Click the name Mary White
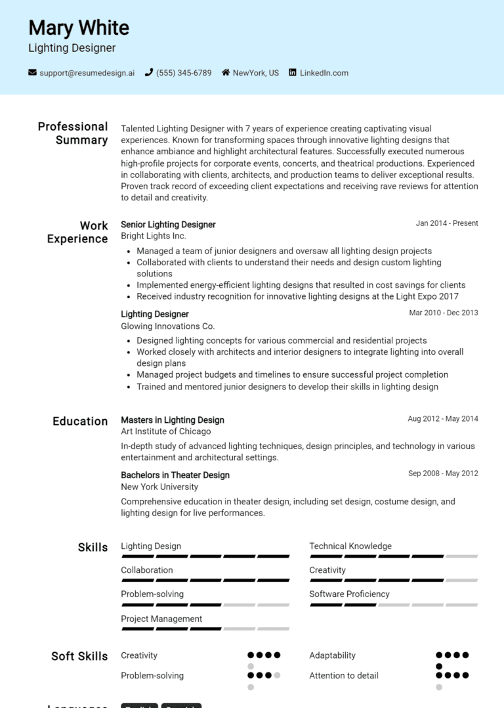[79, 28]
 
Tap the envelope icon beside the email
[32, 73]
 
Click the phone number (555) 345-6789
[184, 73]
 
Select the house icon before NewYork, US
[226, 73]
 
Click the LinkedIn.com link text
[324, 73]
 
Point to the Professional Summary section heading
[73, 133]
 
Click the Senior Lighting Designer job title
[168, 225]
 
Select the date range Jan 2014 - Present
[447, 223]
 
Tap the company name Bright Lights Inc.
[154, 236]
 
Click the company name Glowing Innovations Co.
[167, 326]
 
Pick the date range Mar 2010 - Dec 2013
[444, 313]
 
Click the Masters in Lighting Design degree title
[173, 420]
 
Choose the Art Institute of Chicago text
[166, 431]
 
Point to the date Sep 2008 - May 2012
[443, 474]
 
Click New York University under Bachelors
[159, 487]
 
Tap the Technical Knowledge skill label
[350, 546]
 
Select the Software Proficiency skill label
[349, 594]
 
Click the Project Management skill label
[161, 619]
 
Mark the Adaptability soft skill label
[332, 655]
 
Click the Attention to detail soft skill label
[344, 675]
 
